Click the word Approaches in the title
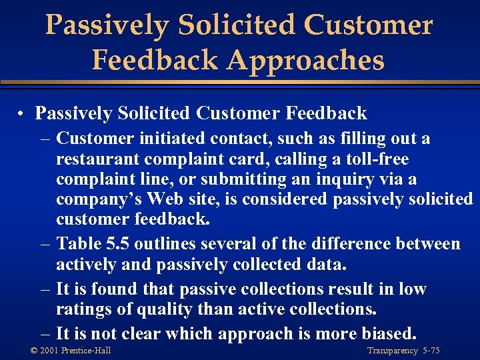pyautogui.click(x=305, y=60)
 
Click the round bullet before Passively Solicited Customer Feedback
pyautogui.click(x=22, y=114)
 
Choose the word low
pyautogui.click(x=412, y=290)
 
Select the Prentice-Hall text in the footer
pyautogui.click(x=87, y=351)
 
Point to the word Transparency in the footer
pyautogui.click(x=392, y=351)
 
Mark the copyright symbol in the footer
pyautogui.click(x=34, y=351)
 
